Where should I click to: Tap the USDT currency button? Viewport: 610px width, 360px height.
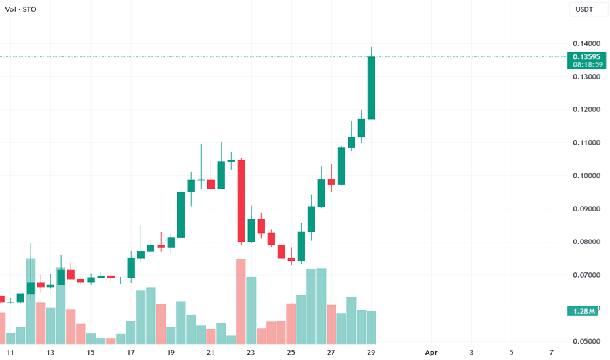point(584,10)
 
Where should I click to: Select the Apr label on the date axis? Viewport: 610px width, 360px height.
point(431,353)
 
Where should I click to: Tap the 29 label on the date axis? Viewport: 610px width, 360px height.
point(371,353)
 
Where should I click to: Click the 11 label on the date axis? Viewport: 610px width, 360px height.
point(10,353)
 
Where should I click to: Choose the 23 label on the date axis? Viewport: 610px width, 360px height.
point(251,353)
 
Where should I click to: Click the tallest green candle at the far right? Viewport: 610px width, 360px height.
point(371,88)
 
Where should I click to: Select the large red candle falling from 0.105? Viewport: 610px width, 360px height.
point(241,201)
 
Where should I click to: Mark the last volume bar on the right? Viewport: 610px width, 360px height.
point(371,327)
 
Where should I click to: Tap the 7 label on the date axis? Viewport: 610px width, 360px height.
point(552,353)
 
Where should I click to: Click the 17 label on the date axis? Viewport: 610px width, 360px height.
point(131,353)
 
